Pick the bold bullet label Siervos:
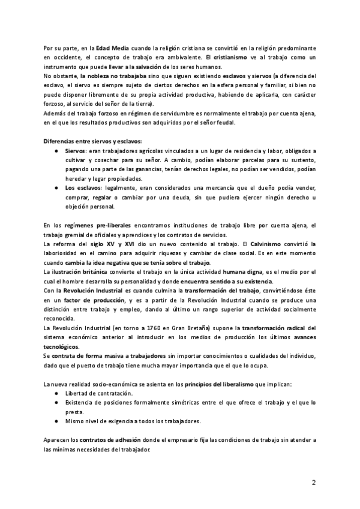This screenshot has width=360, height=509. pyautogui.click(x=76, y=152)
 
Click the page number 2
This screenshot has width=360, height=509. pyautogui.click(x=314, y=483)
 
